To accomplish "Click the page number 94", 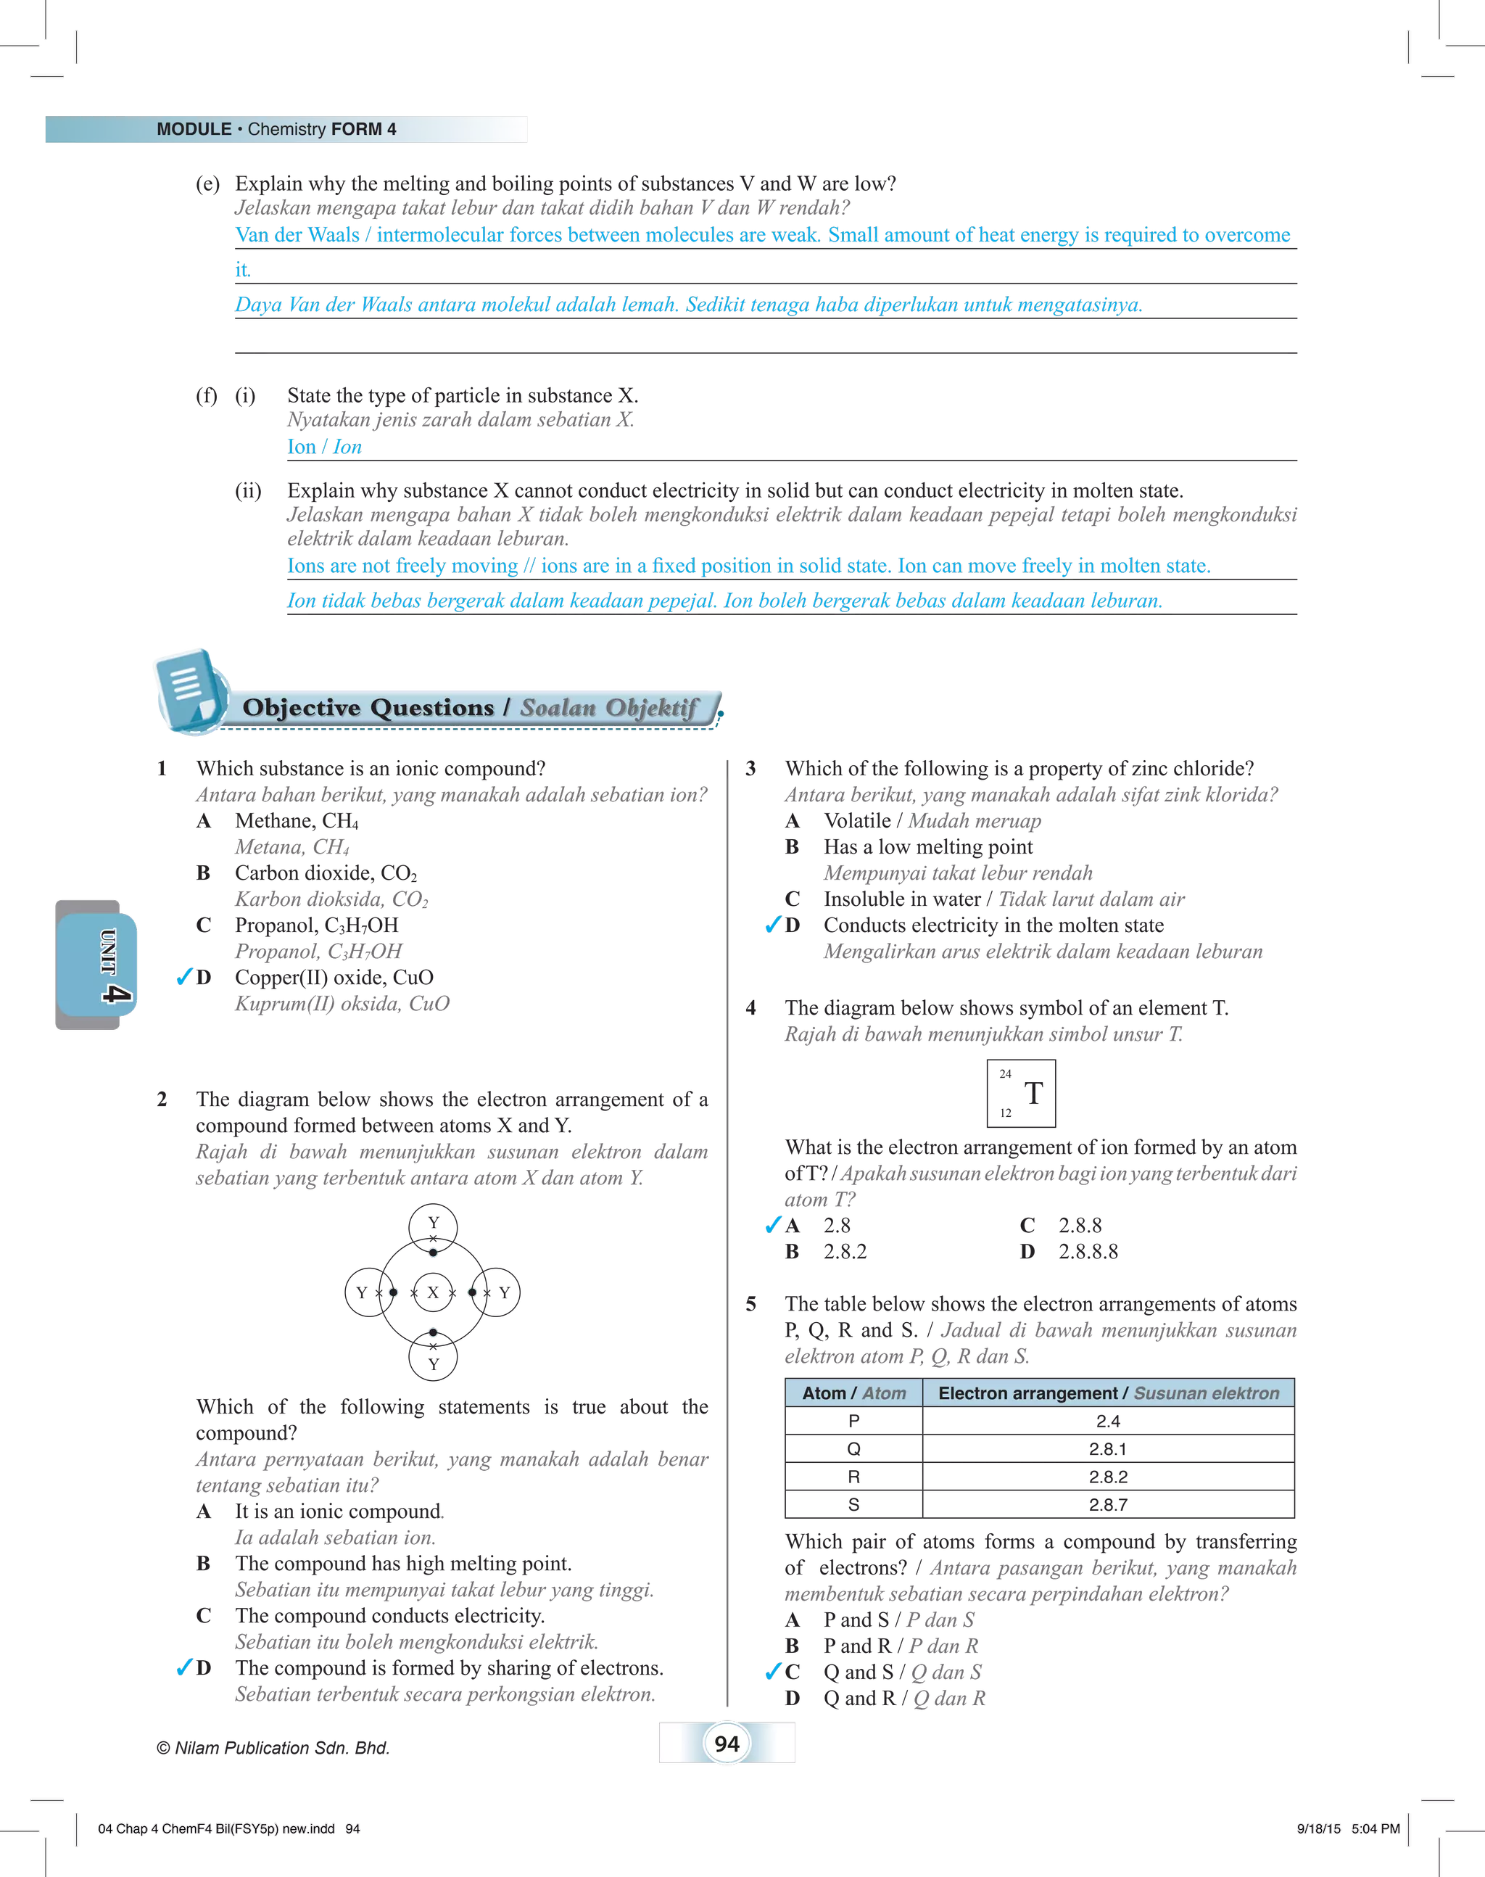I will point(727,1743).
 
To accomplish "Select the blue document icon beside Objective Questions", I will point(189,690).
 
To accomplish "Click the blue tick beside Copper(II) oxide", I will point(183,977).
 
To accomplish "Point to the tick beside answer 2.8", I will point(773,1225).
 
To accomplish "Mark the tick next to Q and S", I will point(773,1671).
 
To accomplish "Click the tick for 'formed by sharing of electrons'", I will point(183,1667).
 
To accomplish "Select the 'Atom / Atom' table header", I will point(853,1393).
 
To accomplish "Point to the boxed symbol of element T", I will point(1022,1093).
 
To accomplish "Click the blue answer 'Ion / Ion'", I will point(324,447).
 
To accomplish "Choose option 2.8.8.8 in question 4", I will point(1088,1251).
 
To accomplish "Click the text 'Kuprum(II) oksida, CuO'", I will point(342,1004).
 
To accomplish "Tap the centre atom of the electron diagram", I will point(432,1292).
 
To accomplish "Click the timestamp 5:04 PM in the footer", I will point(1376,1828).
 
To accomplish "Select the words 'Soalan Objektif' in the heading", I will point(608,708).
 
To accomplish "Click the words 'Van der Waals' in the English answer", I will point(297,236).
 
